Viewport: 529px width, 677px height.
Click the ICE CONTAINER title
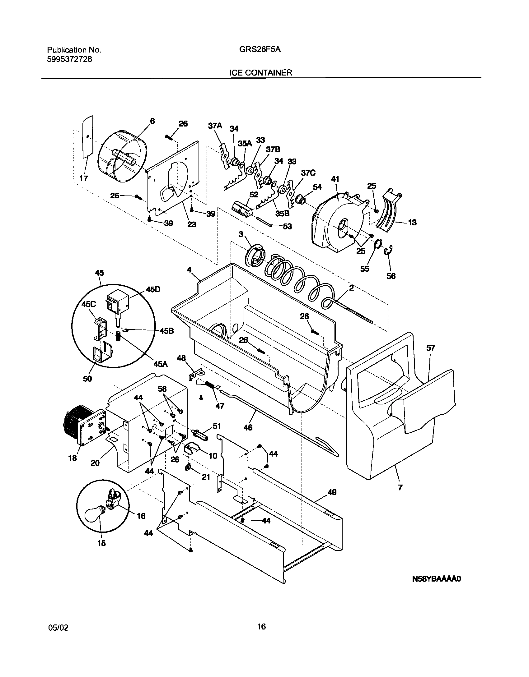coord(260,73)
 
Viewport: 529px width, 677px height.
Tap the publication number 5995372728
coord(69,59)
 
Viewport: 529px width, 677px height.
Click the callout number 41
coord(335,179)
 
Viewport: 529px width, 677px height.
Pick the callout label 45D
coord(153,289)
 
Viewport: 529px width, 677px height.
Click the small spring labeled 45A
coord(118,336)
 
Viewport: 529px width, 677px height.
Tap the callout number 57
coord(430,348)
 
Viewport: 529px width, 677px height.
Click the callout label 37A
coord(215,126)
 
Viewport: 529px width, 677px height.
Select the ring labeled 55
coord(377,244)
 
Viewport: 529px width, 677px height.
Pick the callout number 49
coord(332,492)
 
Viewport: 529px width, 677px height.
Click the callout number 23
coord(192,224)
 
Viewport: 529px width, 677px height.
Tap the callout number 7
coord(400,488)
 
